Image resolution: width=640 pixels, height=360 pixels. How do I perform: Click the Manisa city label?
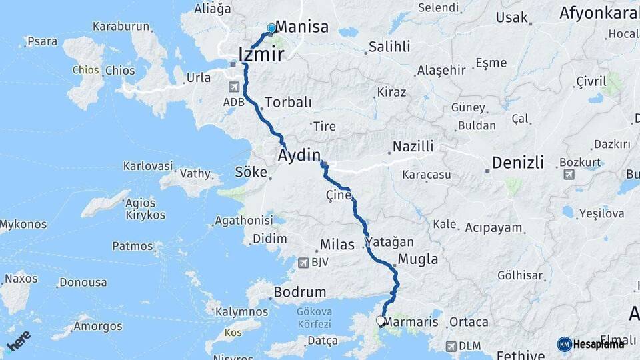pyautogui.click(x=301, y=27)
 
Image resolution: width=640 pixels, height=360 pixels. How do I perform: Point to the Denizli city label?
pyautogui.click(x=518, y=163)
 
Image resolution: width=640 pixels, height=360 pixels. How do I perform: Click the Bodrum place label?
pyautogui.click(x=300, y=292)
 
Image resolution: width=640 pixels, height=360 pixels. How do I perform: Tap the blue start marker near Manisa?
pyautogui.click(x=271, y=28)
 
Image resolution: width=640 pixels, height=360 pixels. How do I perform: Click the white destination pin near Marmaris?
pyautogui.click(x=381, y=321)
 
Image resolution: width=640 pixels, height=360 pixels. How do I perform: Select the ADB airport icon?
pyautogui.click(x=234, y=87)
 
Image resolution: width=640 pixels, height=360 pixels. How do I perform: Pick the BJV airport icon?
pyautogui.click(x=305, y=262)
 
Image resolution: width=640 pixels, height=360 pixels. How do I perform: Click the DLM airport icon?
pyautogui.click(x=451, y=346)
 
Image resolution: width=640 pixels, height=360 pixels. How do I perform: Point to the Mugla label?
pyautogui.click(x=417, y=259)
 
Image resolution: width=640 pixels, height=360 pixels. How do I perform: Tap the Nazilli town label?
pyautogui.click(x=413, y=146)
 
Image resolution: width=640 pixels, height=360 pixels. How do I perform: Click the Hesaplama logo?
pyautogui.click(x=591, y=344)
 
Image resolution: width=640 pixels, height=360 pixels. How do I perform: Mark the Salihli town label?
pyautogui.click(x=388, y=47)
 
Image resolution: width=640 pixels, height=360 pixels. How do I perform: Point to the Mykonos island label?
pyautogui.click(x=23, y=225)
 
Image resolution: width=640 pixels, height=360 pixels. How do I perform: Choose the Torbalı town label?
pyautogui.click(x=288, y=103)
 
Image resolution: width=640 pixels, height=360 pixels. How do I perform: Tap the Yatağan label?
pyautogui.click(x=389, y=242)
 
